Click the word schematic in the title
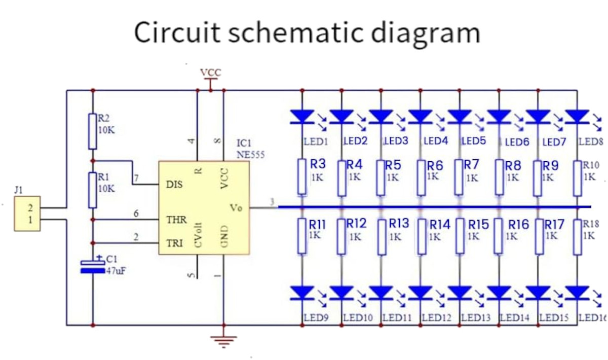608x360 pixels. pos(295,32)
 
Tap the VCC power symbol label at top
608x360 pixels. pos(211,72)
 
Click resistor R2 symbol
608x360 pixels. pos(92,131)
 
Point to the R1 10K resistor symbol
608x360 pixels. pos(92,190)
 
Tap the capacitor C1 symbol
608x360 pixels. pos(92,266)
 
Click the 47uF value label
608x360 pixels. pos(116,271)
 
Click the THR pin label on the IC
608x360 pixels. pos(177,220)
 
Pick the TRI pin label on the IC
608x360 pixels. pos(175,244)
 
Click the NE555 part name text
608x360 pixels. pos(250,155)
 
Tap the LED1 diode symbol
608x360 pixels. pos(302,117)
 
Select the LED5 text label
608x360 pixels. pos(474,140)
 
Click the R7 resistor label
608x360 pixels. pos(471,164)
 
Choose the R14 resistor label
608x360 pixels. pos(440,224)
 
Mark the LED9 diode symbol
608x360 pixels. pos(302,293)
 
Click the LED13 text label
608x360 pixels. pos(476,318)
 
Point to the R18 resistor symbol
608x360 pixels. pos(577,236)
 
